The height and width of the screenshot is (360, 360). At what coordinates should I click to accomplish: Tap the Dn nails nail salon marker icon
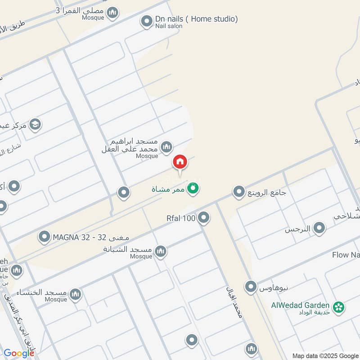point(146,21)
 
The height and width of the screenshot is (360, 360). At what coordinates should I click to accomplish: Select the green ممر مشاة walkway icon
point(193,189)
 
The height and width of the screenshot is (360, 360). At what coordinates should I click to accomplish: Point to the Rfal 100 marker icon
point(204,218)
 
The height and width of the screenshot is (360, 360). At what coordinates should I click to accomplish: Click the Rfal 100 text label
point(181,219)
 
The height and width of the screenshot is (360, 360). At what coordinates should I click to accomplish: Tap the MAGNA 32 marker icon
point(44,237)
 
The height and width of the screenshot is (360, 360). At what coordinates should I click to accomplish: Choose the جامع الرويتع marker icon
point(238,193)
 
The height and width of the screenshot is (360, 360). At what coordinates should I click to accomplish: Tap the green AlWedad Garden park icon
point(339,307)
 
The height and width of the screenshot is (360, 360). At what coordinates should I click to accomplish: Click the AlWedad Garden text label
point(300,305)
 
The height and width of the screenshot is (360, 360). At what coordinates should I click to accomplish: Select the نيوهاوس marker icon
point(251,286)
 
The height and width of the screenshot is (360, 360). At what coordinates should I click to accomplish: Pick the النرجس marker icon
point(319,229)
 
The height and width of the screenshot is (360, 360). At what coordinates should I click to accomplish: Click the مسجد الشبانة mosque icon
point(161,252)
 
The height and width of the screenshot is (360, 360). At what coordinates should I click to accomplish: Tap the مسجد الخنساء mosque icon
point(76,295)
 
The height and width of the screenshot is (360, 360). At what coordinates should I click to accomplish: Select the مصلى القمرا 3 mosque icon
point(113,12)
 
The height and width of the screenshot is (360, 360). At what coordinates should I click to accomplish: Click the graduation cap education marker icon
point(35,125)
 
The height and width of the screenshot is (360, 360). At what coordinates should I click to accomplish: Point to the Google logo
point(18,353)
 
